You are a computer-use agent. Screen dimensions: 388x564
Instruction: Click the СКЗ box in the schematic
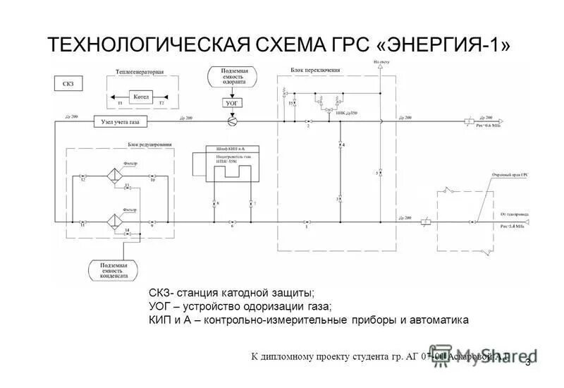click(68, 84)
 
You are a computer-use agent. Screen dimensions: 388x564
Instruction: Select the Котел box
click(140, 96)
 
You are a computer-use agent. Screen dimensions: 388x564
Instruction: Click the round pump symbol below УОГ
click(231, 121)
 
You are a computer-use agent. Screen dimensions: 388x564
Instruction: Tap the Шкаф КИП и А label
click(226, 150)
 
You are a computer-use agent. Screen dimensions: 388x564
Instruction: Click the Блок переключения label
click(315, 71)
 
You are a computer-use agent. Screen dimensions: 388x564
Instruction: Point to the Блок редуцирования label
click(149, 144)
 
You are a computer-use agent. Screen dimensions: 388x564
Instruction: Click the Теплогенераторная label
click(140, 72)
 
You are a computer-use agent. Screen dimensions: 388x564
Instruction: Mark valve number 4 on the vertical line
click(340, 144)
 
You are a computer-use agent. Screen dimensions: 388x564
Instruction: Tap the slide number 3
click(527, 362)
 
